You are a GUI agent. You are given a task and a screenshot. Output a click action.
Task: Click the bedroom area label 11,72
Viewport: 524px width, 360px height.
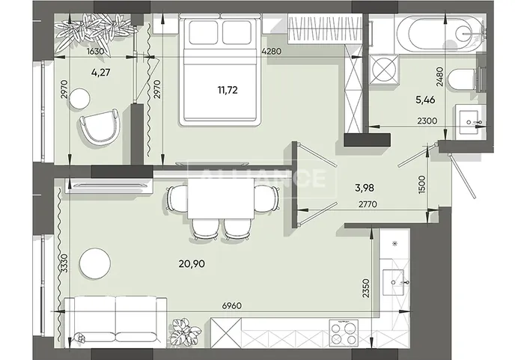click(x=228, y=90)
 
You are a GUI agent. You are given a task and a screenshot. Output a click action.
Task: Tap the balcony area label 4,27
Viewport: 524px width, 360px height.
click(x=100, y=72)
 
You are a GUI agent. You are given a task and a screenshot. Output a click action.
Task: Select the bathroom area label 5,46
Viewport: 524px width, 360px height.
click(x=425, y=100)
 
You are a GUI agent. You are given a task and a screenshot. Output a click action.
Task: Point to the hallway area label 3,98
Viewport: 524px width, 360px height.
click(x=365, y=188)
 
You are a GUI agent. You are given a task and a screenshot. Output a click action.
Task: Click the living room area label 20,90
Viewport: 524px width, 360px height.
click(x=192, y=263)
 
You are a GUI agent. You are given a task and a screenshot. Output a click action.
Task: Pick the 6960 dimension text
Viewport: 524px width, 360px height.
click(x=232, y=305)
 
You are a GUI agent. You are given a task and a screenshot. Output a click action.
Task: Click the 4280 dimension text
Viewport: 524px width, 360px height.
click(x=271, y=52)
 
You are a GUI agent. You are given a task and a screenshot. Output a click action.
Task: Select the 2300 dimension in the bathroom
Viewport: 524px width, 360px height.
click(x=427, y=120)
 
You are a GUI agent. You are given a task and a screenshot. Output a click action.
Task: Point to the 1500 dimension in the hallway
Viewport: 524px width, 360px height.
click(x=421, y=185)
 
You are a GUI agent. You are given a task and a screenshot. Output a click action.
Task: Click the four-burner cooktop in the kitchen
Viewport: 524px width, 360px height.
click(x=344, y=333)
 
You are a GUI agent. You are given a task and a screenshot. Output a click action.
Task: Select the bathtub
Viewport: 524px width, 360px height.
click(x=439, y=33)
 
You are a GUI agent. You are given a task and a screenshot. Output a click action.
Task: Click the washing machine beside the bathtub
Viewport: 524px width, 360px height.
click(x=383, y=70)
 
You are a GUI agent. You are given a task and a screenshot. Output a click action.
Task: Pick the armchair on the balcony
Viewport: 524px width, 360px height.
click(x=100, y=127)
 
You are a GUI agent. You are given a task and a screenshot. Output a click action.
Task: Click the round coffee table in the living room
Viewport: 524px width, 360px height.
click(x=95, y=263)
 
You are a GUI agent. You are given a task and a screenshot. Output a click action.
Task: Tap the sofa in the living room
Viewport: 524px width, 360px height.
click(x=115, y=320)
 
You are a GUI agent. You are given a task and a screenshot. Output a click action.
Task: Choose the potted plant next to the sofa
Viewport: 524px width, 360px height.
click(x=185, y=332)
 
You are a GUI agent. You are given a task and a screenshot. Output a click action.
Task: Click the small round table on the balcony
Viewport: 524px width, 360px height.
click(x=79, y=98)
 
